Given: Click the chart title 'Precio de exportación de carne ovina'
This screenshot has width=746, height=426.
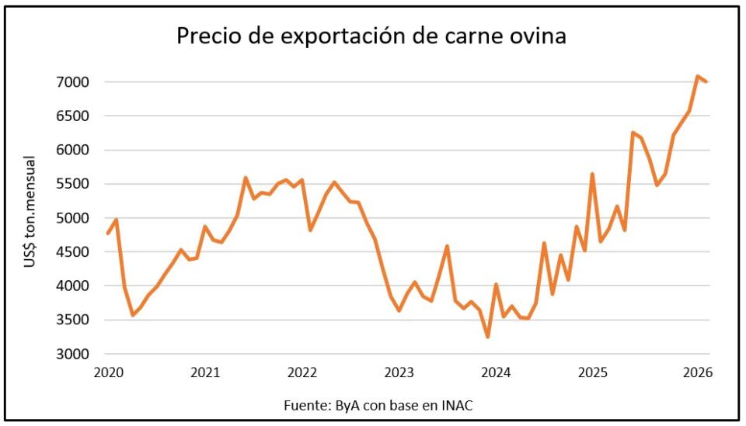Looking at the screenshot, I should coord(371,36).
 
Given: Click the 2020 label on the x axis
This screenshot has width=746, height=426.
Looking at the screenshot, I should coord(108,372).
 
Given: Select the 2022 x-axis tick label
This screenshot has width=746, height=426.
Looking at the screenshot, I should coord(302,372).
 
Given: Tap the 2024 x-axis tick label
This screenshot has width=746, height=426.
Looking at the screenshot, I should coord(496,372).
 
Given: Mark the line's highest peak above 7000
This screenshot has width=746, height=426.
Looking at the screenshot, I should coord(698,76).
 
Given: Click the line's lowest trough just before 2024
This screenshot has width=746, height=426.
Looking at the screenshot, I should coord(487,337).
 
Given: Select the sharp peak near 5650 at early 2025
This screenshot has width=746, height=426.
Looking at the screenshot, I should coord(592,174).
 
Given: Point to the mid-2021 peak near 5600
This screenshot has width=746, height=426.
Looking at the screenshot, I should coord(246,178).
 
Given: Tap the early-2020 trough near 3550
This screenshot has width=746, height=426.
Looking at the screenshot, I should coord(133,315).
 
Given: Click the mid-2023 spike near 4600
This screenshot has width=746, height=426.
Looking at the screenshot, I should coord(447,246).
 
